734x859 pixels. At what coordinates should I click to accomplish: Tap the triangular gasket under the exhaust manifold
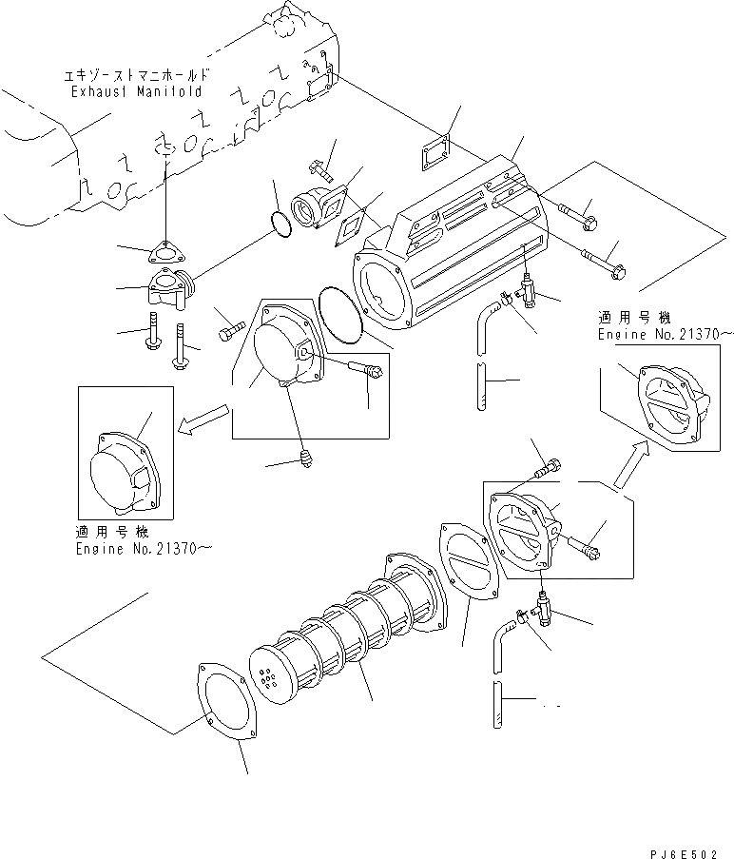click(x=165, y=252)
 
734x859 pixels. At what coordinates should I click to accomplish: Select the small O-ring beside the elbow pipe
click(x=280, y=225)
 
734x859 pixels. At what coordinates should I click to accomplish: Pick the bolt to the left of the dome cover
click(x=231, y=333)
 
